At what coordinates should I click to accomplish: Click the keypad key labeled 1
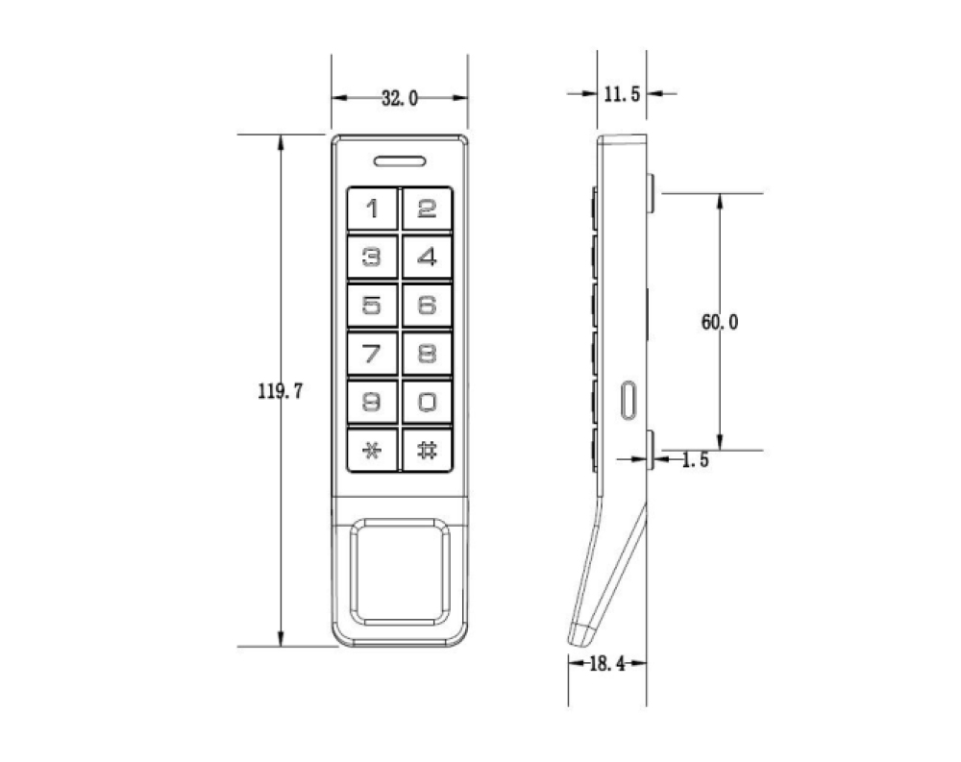pyautogui.click(x=371, y=209)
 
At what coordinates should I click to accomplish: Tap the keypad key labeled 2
pyautogui.click(x=427, y=209)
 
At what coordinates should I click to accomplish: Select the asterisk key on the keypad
pyautogui.click(x=371, y=450)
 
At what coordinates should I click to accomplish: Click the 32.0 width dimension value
pyautogui.click(x=400, y=98)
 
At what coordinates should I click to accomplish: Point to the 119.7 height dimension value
pyautogui.click(x=281, y=391)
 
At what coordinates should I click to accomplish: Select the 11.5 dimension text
pyautogui.click(x=622, y=94)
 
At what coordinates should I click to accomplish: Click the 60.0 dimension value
pyautogui.click(x=720, y=323)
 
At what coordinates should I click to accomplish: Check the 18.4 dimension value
pyautogui.click(x=606, y=663)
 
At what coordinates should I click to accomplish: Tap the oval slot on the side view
pyautogui.click(x=628, y=399)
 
